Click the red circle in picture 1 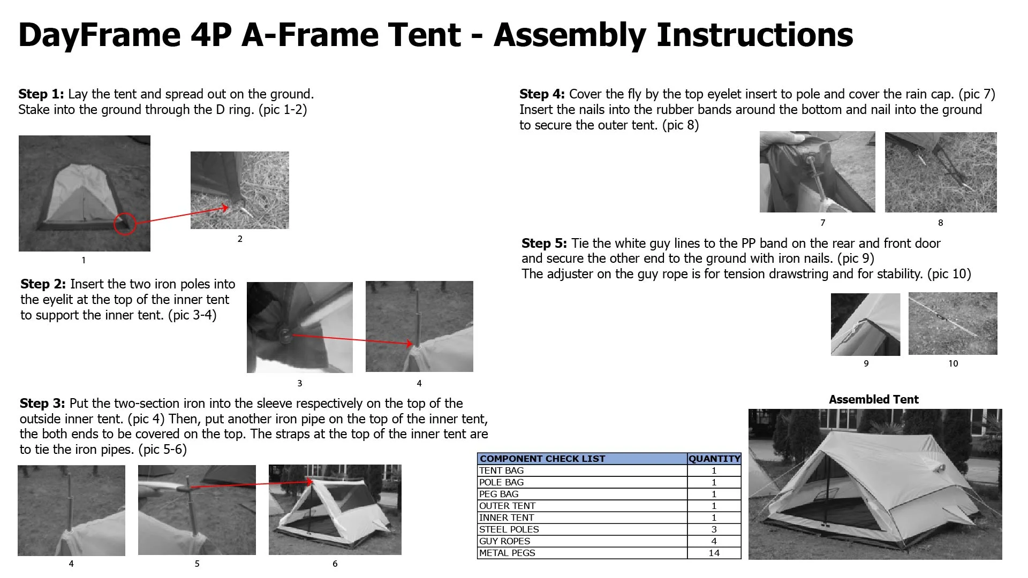pyautogui.click(x=125, y=224)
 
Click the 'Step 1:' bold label pyautogui.click(x=41, y=94)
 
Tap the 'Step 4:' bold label pyautogui.click(x=542, y=94)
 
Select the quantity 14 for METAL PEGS pyautogui.click(x=714, y=553)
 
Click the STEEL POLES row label pyautogui.click(x=509, y=529)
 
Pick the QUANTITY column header pyautogui.click(x=714, y=459)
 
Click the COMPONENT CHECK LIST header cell pyautogui.click(x=542, y=459)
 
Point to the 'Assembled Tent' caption pyautogui.click(x=873, y=399)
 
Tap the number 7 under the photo pyautogui.click(x=822, y=223)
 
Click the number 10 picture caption pyautogui.click(x=953, y=363)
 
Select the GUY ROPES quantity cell pyautogui.click(x=714, y=541)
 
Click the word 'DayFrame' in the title pyautogui.click(x=99, y=35)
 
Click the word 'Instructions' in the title pyautogui.click(x=754, y=35)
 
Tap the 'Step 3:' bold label pyautogui.click(x=42, y=404)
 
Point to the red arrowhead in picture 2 pyautogui.click(x=225, y=208)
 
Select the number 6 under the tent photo pyautogui.click(x=335, y=564)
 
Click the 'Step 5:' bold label pyautogui.click(x=544, y=244)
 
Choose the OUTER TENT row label pyautogui.click(x=507, y=506)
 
